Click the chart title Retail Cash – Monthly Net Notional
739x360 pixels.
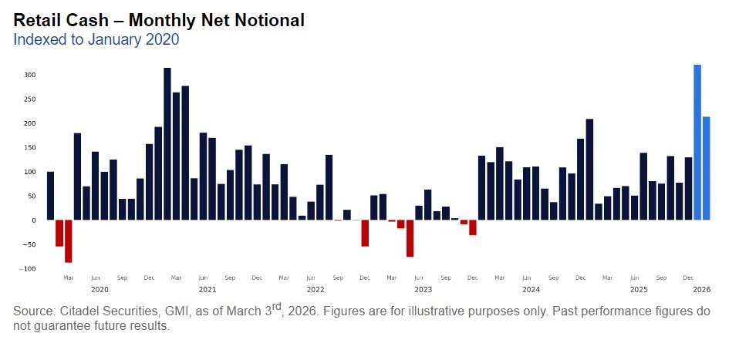[159, 21]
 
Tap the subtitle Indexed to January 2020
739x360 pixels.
[96, 39]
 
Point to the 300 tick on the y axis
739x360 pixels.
[30, 75]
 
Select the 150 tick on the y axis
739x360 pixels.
[30, 147]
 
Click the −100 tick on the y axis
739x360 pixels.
[28, 268]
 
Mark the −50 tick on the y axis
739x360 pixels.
[29, 244]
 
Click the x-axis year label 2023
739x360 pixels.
[423, 290]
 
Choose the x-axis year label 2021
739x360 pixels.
[208, 290]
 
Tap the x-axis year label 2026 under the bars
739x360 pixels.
[701, 290]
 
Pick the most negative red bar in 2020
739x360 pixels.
[69, 241]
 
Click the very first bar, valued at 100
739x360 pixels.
[51, 196]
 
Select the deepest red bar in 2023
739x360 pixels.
[410, 238]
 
